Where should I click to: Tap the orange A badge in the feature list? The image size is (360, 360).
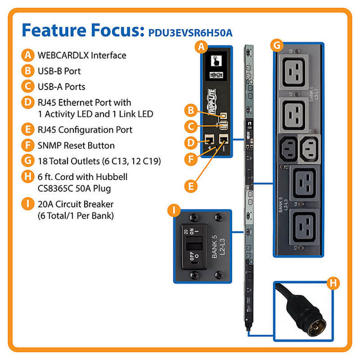point(27,56)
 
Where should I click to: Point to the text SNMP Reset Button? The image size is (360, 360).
point(76,145)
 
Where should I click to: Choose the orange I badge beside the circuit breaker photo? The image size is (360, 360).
point(173,210)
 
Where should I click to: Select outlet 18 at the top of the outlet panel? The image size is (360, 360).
point(296,73)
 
